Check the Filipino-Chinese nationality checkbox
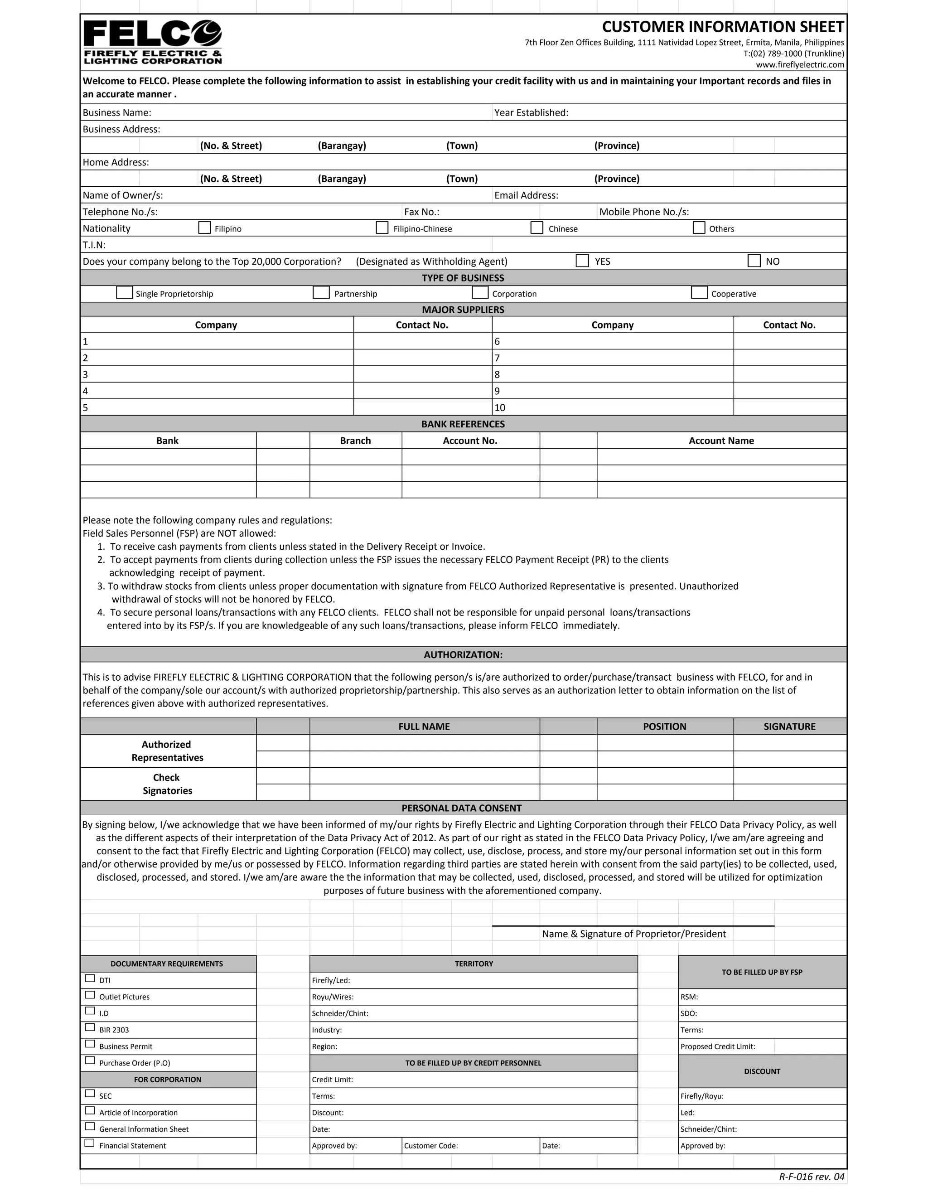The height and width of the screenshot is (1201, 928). tap(382, 228)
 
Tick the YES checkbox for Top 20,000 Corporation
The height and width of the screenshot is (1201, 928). tap(582, 261)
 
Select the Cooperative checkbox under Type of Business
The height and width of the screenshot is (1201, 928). tap(699, 293)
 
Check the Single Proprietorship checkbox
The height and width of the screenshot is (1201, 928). tap(125, 293)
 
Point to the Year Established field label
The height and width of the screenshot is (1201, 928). tap(531, 113)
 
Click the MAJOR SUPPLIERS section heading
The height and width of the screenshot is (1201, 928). tap(463, 310)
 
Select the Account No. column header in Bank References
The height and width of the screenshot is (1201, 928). tap(470, 441)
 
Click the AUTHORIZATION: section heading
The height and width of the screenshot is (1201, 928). tap(463, 654)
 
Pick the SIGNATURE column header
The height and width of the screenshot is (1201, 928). tap(789, 726)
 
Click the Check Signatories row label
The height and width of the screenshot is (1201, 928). tap(167, 784)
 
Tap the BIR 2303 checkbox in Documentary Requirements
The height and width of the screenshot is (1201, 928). tap(90, 1028)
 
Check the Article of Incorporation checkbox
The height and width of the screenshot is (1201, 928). tap(90, 1111)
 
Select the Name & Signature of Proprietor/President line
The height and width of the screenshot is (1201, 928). tap(633, 934)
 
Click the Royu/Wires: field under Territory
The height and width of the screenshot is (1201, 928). tap(473, 997)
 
